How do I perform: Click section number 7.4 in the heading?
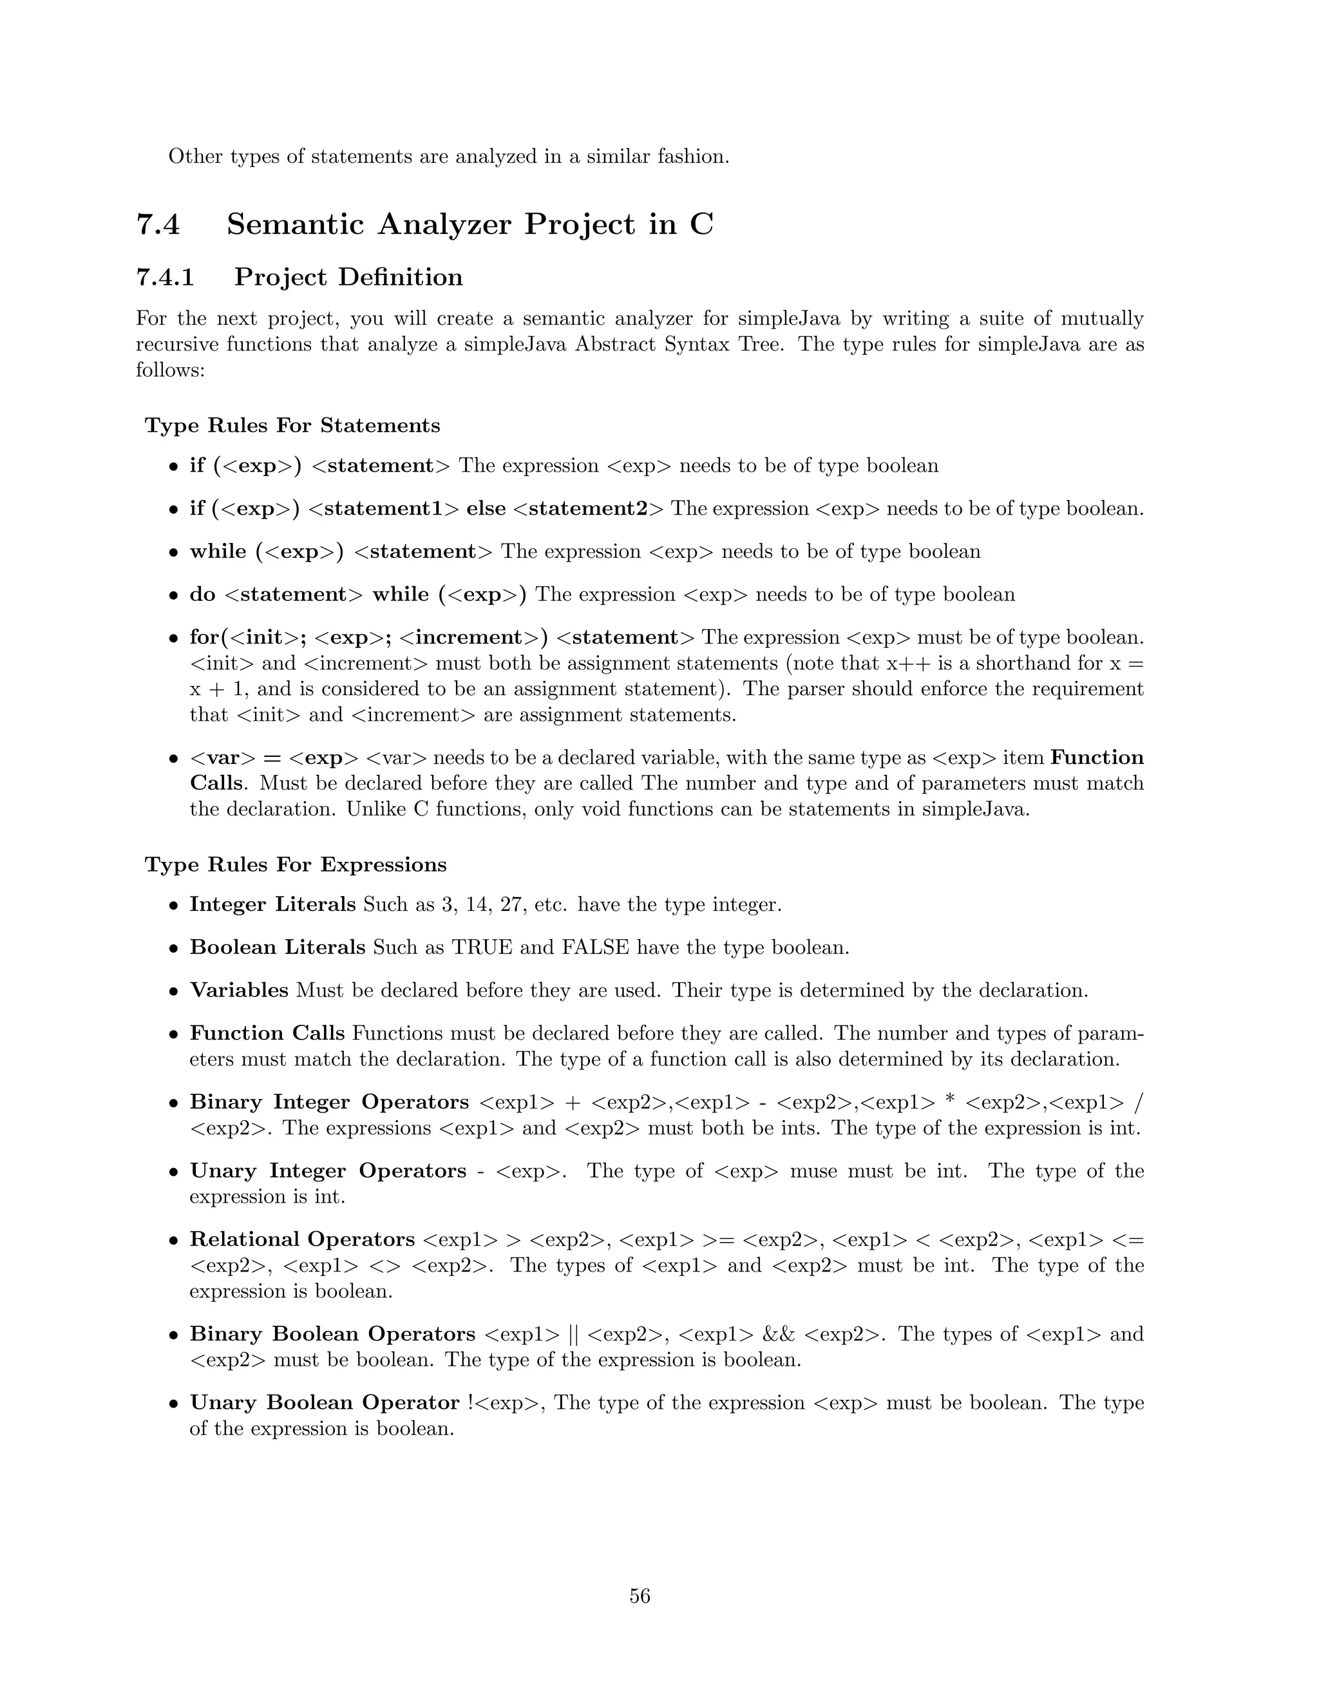pyautogui.click(x=158, y=224)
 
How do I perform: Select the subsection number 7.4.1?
pyautogui.click(x=165, y=278)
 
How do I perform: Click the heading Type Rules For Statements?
pyautogui.click(x=292, y=425)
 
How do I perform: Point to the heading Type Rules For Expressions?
pyautogui.click(x=296, y=864)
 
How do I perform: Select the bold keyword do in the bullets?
pyautogui.click(x=202, y=595)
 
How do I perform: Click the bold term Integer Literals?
pyautogui.click(x=272, y=904)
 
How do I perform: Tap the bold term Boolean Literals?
pyautogui.click(x=278, y=948)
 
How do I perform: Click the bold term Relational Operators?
pyautogui.click(x=301, y=1239)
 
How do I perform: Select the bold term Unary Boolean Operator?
pyautogui.click(x=325, y=1403)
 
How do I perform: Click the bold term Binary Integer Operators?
pyautogui.click(x=329, y=1102)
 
